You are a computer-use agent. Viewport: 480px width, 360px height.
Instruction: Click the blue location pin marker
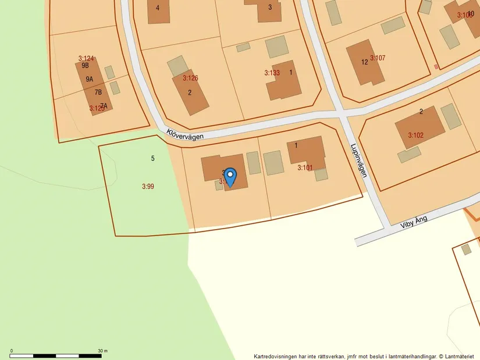[230, 176]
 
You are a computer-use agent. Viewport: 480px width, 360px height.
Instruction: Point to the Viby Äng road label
[414, 221]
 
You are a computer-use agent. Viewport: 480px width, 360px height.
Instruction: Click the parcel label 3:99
[148, 187]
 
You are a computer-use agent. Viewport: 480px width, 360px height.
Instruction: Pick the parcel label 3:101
[305, 168]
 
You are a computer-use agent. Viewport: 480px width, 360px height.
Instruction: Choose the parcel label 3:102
[415, 136]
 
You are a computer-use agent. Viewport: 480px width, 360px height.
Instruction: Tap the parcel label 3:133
[272, 73]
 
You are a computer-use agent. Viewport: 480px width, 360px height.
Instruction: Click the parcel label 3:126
[190, 78]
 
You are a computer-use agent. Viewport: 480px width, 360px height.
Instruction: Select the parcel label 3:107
[378, 58]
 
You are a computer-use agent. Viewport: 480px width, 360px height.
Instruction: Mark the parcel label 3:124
[86, 58]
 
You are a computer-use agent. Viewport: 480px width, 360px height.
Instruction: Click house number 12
[365, 62]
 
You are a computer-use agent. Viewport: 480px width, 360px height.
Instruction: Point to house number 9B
[86, 66]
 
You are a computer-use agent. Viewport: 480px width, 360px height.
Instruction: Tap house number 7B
[98, 92]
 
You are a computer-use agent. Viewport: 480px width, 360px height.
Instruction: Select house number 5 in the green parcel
[152, 158]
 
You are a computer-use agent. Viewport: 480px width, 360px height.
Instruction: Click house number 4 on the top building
[158, 8]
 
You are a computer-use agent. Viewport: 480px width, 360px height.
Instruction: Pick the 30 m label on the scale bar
[102, 351]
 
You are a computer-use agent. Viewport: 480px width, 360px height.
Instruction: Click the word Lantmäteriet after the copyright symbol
[459, 356]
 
